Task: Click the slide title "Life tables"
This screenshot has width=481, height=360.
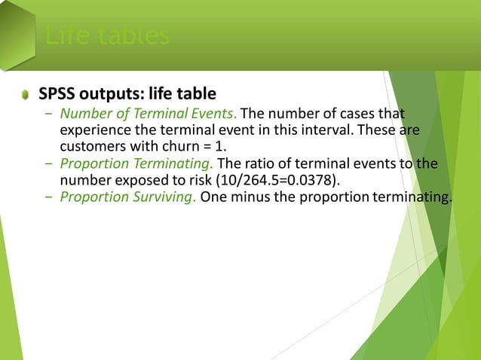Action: pos(106,36)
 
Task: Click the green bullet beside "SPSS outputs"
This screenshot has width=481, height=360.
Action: pos(26,95)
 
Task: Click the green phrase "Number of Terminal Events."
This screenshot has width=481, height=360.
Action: pos(149,114)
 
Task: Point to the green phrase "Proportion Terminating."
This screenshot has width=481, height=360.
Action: pos(136,165)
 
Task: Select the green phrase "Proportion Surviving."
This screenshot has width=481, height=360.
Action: pos(128,198)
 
